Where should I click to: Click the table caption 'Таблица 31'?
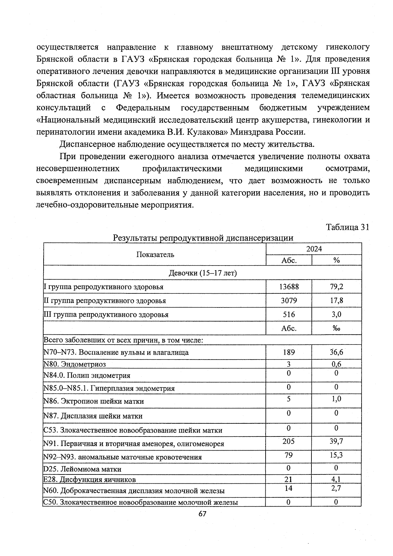pyautogui.click(x=347, y=227)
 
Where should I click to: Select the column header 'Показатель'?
pyautogui.click(x=155, y=254)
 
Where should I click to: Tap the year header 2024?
pyautogui.click(x=314, y=249)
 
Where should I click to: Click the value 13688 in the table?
pyautogui.click(x=289, y=287)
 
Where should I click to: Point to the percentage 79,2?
pyautogui.click(x=336, y=287)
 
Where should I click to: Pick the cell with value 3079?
pyautogui.click(x=289, y=301)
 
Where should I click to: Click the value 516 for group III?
pyautogui.click(x=289, y=315)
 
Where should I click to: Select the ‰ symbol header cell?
pyautogui.click(x=336, y=328)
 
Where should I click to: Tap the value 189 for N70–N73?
pyautogui.click(x=289, y=352)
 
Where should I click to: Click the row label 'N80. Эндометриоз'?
pyautogui.click(x=75, y=364)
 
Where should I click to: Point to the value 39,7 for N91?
pyautogui.click(x=336, y=441)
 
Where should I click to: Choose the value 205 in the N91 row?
pyautogui.click(x=289, y=441)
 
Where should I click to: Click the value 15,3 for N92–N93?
pyautogui.click(x=336, y=455)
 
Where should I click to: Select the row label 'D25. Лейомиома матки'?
pyautogui.click(x=82, y=469)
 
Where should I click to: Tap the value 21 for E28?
pyautogui.click(x=289, y=479)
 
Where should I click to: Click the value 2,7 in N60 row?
pyautogui.click(x=336, y=488)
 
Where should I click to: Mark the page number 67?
pyautogui.click(x=202, y=514)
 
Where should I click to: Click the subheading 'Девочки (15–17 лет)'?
pyautogui.click(x=202, y=273)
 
